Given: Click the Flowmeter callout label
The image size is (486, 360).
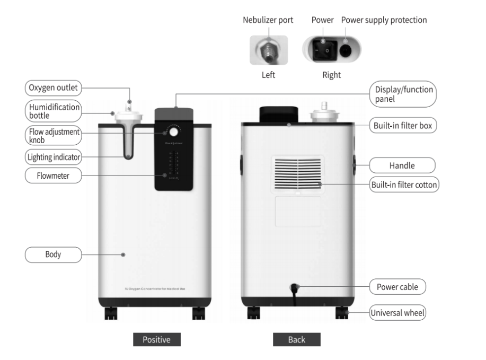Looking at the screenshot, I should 52,175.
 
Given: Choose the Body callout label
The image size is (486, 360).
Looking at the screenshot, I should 52,254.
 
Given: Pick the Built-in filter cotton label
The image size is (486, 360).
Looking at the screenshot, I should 403,185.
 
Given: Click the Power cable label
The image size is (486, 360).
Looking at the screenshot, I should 397,287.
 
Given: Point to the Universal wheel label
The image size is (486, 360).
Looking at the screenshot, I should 397,313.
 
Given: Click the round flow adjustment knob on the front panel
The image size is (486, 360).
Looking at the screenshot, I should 173,131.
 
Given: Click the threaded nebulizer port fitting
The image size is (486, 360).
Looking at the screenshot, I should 268,50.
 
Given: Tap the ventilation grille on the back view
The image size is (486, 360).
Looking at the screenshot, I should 298,173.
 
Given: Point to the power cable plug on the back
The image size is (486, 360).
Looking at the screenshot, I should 294,289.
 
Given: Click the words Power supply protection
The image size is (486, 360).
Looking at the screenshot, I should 384,20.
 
